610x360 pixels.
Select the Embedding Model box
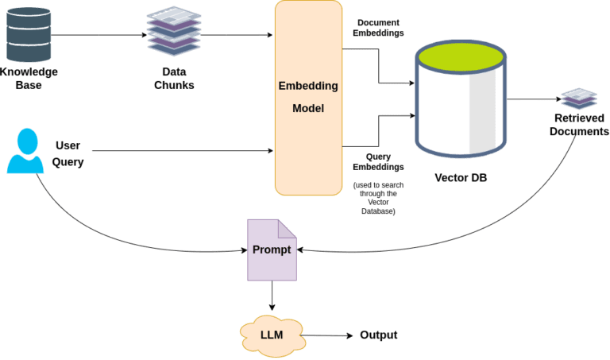click(308, 98)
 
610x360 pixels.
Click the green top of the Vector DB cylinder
click(461, 56)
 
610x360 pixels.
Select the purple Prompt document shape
click(272, 250)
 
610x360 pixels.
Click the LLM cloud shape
click(272, 335)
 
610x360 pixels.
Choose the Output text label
click(379, 335)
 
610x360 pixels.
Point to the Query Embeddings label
click(378, 161)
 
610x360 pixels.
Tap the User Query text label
click(68, 153)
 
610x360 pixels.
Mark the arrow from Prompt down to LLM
click(272, 296)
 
